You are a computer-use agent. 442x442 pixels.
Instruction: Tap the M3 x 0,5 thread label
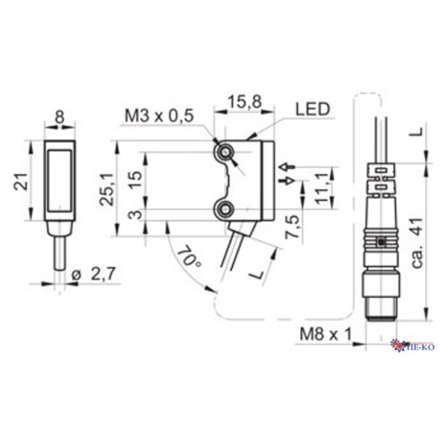pos(159,116)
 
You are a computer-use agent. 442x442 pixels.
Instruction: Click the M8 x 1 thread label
pos(325,335)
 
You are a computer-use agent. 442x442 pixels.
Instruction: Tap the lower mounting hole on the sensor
pos(227,210)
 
